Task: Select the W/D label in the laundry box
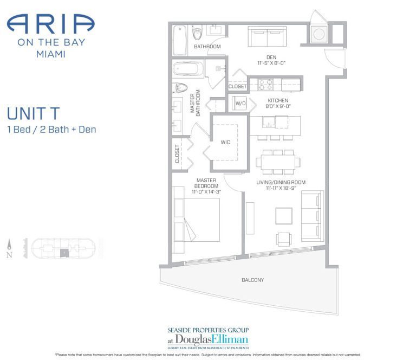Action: [240, 103]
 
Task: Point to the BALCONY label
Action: [252, 280]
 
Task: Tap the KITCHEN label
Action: [277, 100]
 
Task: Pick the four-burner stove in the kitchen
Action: [265, 84]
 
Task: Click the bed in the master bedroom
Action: [196, 220]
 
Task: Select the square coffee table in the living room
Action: [284, 215]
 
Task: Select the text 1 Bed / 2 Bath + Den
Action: [51, 130]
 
